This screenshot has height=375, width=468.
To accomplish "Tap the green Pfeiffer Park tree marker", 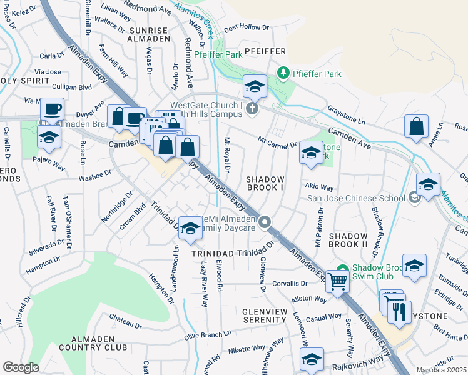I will (x=283, y=74).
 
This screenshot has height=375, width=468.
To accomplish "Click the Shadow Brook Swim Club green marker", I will (x=342, y=269).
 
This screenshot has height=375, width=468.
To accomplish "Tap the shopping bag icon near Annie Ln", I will (x=416, y=126).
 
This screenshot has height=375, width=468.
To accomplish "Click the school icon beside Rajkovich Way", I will (x=312, y=359).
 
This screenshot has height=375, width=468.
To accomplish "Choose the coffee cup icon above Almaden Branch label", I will (x=52, y=109).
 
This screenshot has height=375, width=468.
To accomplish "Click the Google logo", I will (x=21, y=367).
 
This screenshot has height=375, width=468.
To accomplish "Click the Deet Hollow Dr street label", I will (x=246, y=27).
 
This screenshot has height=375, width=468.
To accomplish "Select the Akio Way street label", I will (x=318, y=186).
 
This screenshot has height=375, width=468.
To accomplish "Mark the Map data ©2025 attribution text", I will (x=442, y=370).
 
